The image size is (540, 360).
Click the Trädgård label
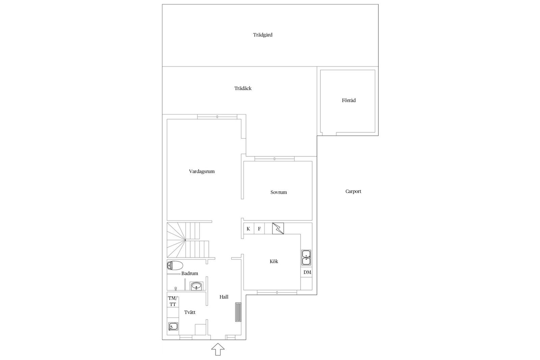tap(263, 35)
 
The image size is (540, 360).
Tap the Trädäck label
tap(243, 88)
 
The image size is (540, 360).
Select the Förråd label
tap(349, 100)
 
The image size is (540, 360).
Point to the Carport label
tap(353, 191)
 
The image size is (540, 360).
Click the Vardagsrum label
tap(202, 172)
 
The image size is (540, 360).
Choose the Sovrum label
tap(278, 192)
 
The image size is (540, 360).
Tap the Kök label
tap(274, 261)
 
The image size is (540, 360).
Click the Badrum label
tap(190, 273)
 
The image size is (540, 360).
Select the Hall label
tap(224, 297)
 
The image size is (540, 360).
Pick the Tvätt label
tap(190, 312)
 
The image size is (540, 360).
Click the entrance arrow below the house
tap(218, 349)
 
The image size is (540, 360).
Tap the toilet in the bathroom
tap(175, 266)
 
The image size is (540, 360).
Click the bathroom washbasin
tap(196, 286)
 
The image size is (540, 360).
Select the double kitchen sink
tap(306, 257)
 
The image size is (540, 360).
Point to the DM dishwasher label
tap(307, 272)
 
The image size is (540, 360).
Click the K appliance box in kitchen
tap(248, 229)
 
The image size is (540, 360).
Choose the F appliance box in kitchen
tap(259, 229)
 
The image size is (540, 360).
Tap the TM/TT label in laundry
tap(172, 301)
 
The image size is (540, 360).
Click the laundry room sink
tap(173, 327)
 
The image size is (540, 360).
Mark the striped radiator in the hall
tap(238, 312)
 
